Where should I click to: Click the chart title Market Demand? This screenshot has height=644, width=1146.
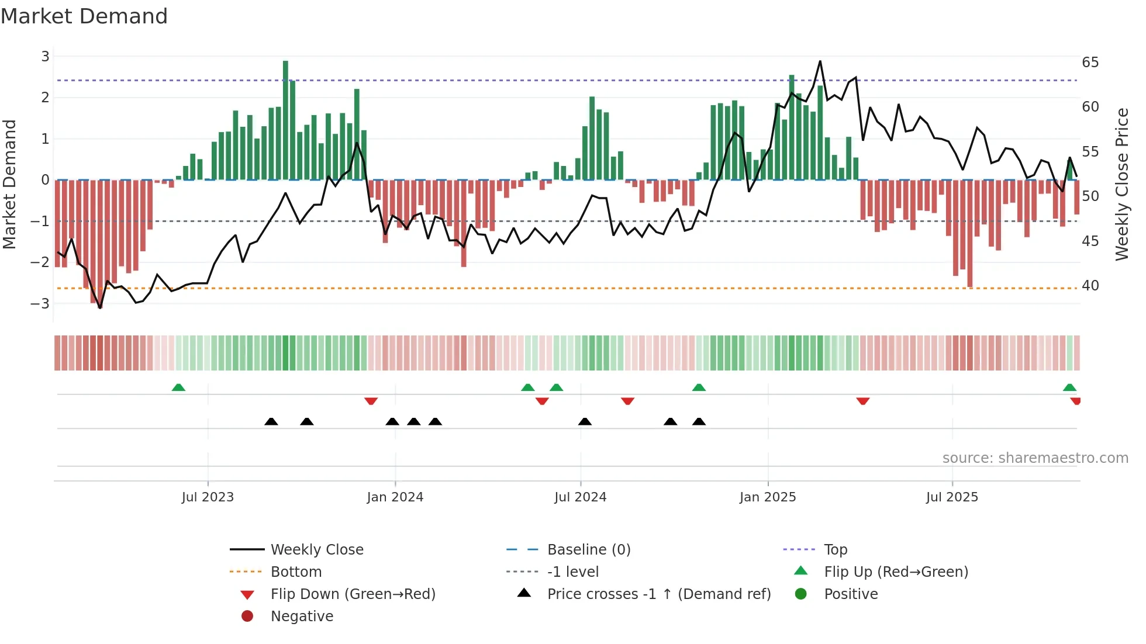coord(84,16)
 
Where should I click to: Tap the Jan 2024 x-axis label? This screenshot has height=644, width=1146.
coord(395,497)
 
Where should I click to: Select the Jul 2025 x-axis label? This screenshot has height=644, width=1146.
coord(951,497)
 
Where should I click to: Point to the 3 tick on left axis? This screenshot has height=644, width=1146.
coord(45,57)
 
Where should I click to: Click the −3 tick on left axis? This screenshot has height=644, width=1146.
coord(40,304)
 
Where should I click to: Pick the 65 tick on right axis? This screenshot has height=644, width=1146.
coord(1090,63)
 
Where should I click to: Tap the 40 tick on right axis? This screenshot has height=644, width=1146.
coord(1090,286)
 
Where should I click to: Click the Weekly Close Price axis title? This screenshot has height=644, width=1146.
coord(1121,184)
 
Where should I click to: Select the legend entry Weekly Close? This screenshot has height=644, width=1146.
coord(316,550)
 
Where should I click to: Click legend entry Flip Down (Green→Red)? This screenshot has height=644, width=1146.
coord(353,594)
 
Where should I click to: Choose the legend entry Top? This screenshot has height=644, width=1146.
coord(835,550)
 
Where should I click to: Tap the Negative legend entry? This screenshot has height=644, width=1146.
coord(302,617)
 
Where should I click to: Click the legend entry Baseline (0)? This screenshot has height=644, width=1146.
coord(588,550)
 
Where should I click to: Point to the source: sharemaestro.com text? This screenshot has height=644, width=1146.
coord(1035,458)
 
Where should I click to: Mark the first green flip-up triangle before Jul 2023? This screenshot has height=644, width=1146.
coord(178,387)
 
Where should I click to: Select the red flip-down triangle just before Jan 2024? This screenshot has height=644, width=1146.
coord(371,401)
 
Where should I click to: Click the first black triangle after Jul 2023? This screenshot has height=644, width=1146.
coord(271,421)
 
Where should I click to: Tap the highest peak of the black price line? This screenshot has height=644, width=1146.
coord(820,61)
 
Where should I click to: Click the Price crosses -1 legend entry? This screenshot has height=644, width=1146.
coord(658,594)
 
